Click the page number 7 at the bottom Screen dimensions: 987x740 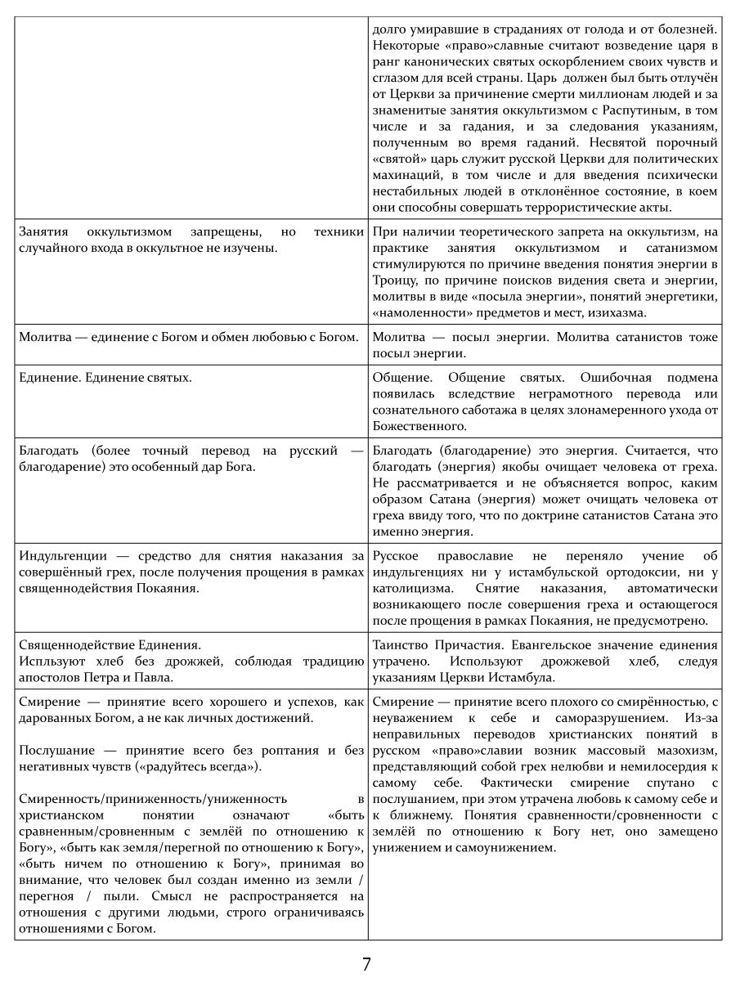click(x=366, y=964)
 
